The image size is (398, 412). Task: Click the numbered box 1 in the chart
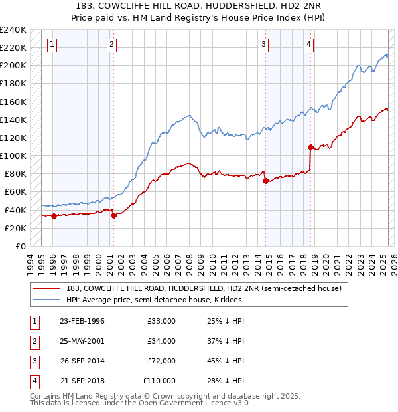[52, 45]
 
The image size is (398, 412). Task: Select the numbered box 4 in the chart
[309, 45]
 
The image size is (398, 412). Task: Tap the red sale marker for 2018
[310, 146]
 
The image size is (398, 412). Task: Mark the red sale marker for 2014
[265, 181]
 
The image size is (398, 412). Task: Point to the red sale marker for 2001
[113, 215]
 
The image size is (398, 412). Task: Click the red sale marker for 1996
[53, 215]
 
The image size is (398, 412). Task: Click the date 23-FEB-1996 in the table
[82, 321]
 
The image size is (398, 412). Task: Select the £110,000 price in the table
[159, 381]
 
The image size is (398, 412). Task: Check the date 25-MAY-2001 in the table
[82, 341]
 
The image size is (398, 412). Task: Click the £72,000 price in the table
[162, 361]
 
